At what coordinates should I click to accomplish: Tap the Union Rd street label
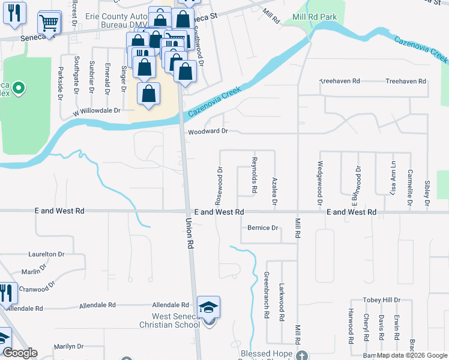coord(191,233)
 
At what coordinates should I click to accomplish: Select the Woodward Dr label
coord(208,131)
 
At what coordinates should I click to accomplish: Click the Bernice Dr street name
coord(263,228)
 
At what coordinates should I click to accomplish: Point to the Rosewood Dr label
coord(220,184)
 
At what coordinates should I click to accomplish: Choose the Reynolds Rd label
coord(255,175)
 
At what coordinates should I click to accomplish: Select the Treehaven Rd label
coord(405,81)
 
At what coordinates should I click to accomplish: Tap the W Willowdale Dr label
coord(97,111)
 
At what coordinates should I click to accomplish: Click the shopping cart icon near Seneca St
coord(49,23)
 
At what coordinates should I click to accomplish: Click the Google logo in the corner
coord(19,353)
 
